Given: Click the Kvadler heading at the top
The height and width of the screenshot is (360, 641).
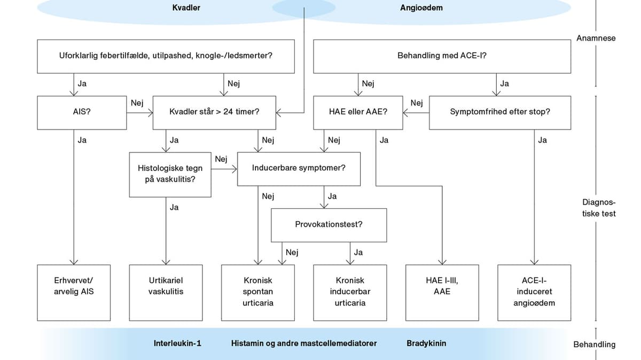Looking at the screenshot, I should click(x=186, y=8).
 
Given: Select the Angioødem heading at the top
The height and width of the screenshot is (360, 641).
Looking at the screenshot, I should click(x=421, y=8).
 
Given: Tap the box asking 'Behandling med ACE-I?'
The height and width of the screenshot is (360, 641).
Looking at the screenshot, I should click(x=442, y=56).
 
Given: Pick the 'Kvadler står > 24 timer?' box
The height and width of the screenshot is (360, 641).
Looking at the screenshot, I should click(x=214, y=112).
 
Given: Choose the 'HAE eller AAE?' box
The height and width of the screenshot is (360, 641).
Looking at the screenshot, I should click(x=358, y=112).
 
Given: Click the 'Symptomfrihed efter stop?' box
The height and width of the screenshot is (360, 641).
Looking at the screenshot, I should click(x=500, y=112).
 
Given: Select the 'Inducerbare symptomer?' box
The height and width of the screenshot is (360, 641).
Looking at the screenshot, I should click(x=299, y=168).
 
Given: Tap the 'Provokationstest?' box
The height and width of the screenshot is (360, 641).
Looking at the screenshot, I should click(x=329, y=224).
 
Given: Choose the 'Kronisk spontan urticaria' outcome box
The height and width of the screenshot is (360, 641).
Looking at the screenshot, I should click(x=258, y=292).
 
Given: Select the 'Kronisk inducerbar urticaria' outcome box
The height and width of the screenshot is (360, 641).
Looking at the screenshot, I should click(x=350, y=292).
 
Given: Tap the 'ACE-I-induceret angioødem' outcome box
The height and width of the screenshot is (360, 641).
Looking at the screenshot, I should click(x=534, y=292).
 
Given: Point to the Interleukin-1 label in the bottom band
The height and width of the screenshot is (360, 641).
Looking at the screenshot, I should click(x=177, y=343).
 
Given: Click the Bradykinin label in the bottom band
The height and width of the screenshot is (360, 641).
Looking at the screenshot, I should click(x=426, y=343).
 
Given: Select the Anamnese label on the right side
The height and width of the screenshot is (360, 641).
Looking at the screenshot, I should click(x=596, y=38).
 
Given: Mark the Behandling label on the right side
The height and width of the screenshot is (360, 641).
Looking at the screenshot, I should click(x=594, y=345).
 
